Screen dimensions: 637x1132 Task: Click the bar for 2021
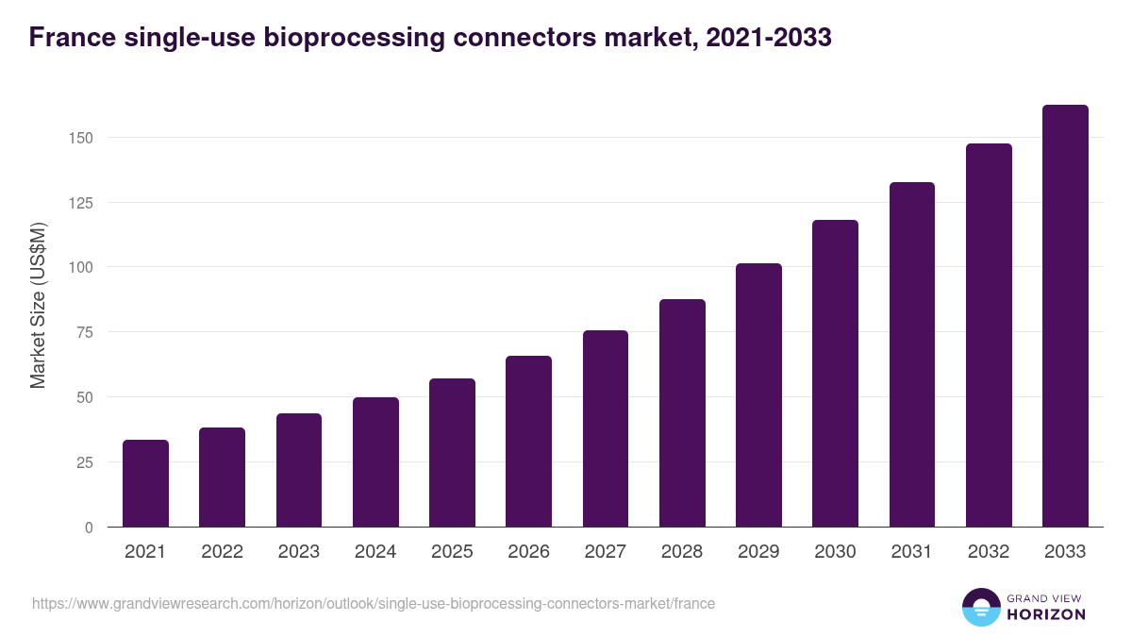(145, 483)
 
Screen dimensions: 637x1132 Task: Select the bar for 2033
(1065, 316)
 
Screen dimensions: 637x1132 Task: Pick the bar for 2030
(835, 374)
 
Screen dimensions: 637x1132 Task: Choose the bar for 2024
(375, 462)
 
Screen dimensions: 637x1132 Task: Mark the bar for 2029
(758, 395)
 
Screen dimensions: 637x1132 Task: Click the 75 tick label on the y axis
(85, 332)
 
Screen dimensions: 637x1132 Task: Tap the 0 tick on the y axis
(89, 528)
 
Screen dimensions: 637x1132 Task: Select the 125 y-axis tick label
(81, 203)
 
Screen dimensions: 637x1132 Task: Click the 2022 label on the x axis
(222, 552)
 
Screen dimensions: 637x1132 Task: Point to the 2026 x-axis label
(528, 552)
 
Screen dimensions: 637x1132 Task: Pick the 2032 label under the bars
(989, 552)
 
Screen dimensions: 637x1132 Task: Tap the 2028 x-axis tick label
(682, 552)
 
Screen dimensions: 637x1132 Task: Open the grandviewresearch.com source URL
(374, 603)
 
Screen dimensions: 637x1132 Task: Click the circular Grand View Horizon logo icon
(981, 607)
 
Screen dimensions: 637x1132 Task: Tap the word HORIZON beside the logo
(1045, 614)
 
